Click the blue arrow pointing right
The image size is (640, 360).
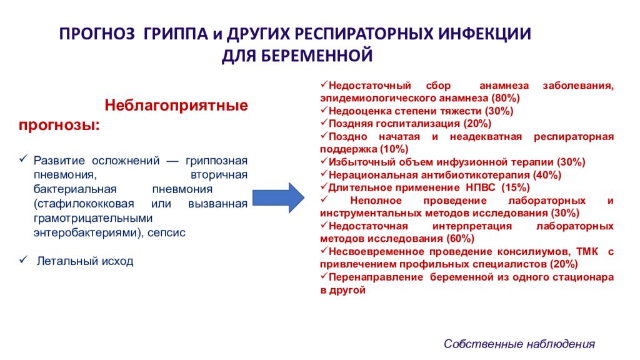click(x=278, y=198)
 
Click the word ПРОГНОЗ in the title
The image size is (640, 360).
click(x=97, y=34)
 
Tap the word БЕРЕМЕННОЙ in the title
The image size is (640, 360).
click(x=316, y=56)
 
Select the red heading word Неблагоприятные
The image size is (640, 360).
click(x=176, y=105)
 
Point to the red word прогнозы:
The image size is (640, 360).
click(x=59, y=125)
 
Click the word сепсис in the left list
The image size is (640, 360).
click(x=166, y=232)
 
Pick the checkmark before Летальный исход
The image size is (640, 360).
click(x=23, y=259)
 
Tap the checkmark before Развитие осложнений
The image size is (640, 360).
click(x=23, y=159)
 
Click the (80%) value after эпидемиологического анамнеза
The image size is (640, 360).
click(x=506, y=98)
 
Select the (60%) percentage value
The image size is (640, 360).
click(x=461, y=238)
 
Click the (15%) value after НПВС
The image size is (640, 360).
click(x=516, y=187)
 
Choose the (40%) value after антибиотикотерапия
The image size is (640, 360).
click(x=547, y=175)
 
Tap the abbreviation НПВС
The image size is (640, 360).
click(x=481, y=187)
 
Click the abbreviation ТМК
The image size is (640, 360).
click(x=587, y=251)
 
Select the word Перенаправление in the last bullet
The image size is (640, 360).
click(x=376, y=277)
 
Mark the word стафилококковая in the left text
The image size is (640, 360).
click(x=84, y=204)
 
